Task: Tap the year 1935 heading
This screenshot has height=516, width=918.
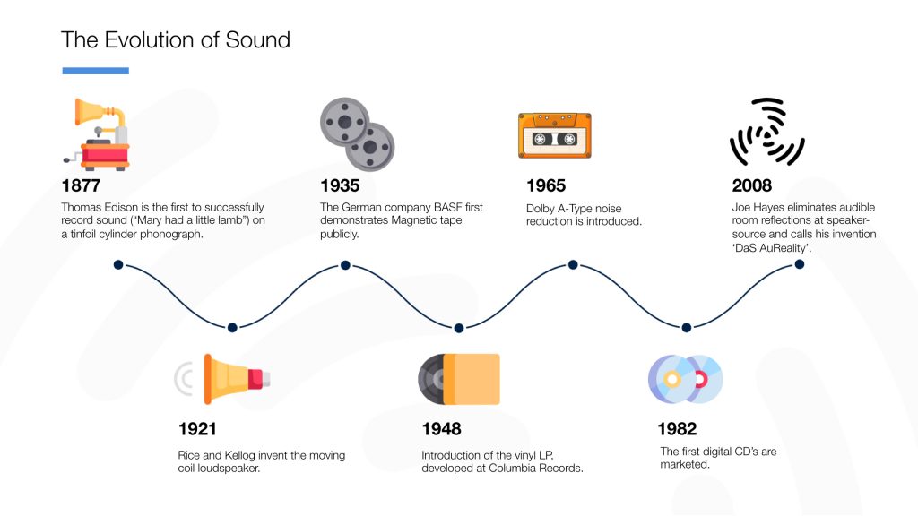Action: point(340,186)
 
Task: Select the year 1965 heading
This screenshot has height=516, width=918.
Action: point(546,186)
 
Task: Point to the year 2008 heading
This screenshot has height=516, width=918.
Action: point(751,186)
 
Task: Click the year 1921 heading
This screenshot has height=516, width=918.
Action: point(197,429)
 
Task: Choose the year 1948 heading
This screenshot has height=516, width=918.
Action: point(442,429)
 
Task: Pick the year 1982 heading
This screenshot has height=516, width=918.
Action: point(677,429)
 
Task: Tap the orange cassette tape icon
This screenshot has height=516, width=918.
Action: point(554,136)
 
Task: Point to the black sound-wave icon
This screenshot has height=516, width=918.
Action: point(766,133)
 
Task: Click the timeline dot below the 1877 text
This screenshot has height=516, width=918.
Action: point(117,265)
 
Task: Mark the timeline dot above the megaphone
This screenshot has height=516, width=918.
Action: point(232,328)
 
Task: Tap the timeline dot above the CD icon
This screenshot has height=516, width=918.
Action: point(687,328)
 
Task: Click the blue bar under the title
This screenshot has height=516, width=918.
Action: point(95,70)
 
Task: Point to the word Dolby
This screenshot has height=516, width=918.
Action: point(541,209)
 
